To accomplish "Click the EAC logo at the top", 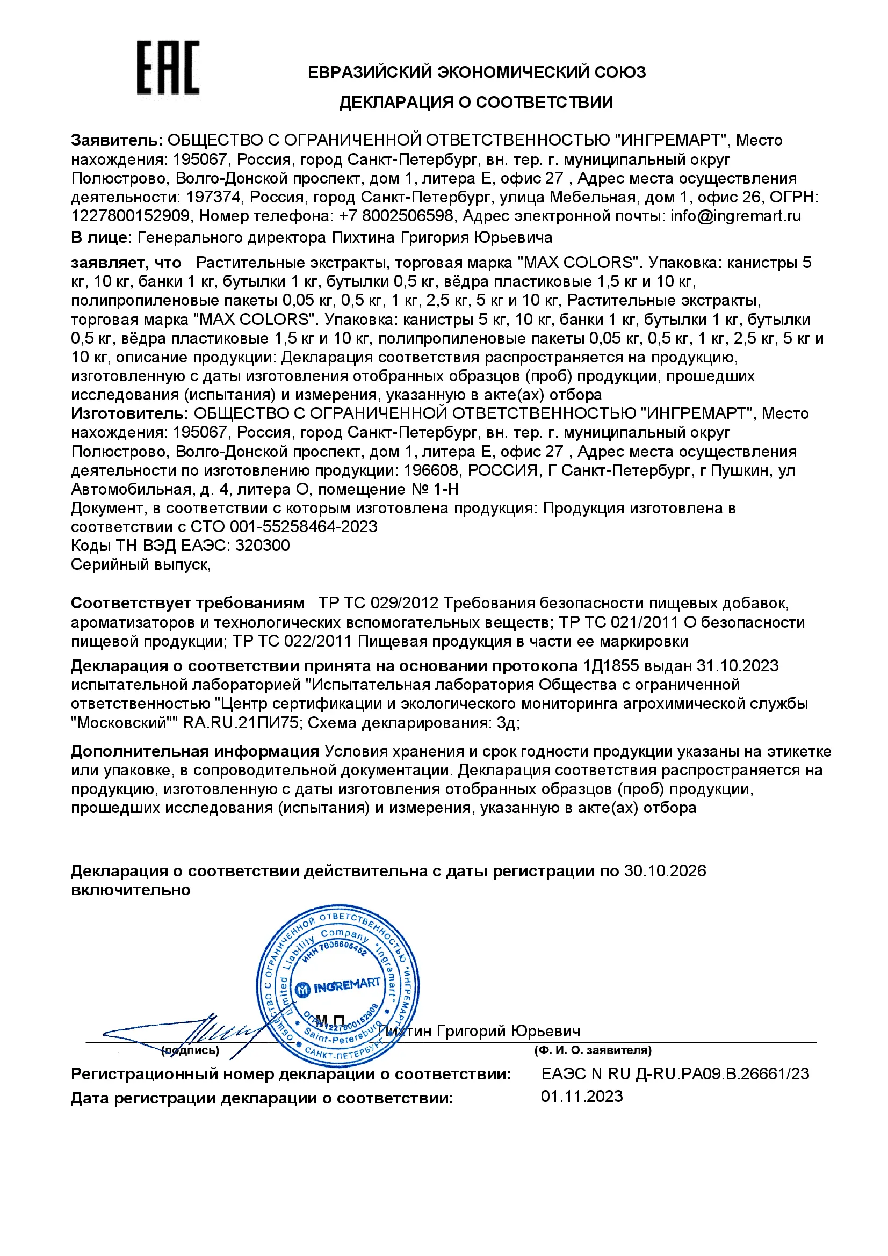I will [x=168, y=68].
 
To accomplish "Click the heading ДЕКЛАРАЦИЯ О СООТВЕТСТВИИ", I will [x=475, y=103].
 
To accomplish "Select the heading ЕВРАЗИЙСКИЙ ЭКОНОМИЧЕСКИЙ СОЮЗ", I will [x=476, y=71].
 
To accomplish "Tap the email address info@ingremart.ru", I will [x=735, y=216].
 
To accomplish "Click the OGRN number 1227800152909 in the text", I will [x=130, y=216].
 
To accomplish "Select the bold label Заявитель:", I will [x=117, y=140].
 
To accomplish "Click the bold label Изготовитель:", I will [x=129, y=413].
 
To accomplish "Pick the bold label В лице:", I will [x=101, y=237].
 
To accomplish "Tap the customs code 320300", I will [x=262, y=546].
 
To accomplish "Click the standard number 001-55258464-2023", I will [x=304, y=527].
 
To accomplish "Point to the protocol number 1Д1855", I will [x=611, y=666].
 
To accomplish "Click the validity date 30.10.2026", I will [x=665, y=871].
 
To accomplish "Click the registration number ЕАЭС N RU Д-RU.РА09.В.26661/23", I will [x=675, y=1073].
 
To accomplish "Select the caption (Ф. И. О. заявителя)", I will [x=593, y=1050].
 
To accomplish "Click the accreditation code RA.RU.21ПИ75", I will [x=241, y=723].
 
